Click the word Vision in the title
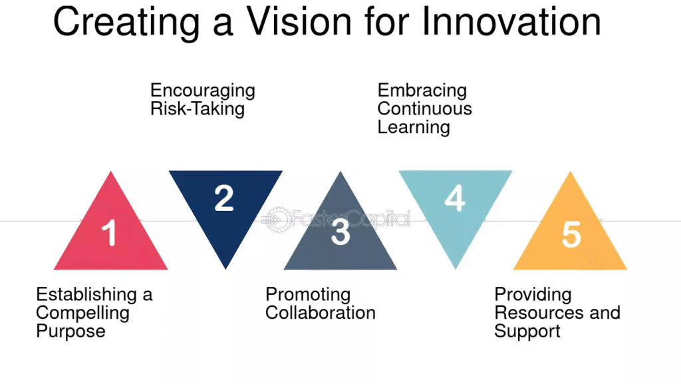coord(299,21)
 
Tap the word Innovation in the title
coord(511,21)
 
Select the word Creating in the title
coord(126,23)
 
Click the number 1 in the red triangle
coord(109,233)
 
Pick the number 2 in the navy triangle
coord(224,198)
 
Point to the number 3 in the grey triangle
coord(340,232)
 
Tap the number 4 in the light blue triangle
coord(455,198)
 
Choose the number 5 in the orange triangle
coord(571,234)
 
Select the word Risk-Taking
coord(198,109)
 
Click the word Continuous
coord(425,108)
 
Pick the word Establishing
coord(87,295)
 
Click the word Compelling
coord(83,313)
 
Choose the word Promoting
coord(308,295)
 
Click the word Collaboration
coord(321,313)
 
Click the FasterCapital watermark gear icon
coord(277,220)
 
